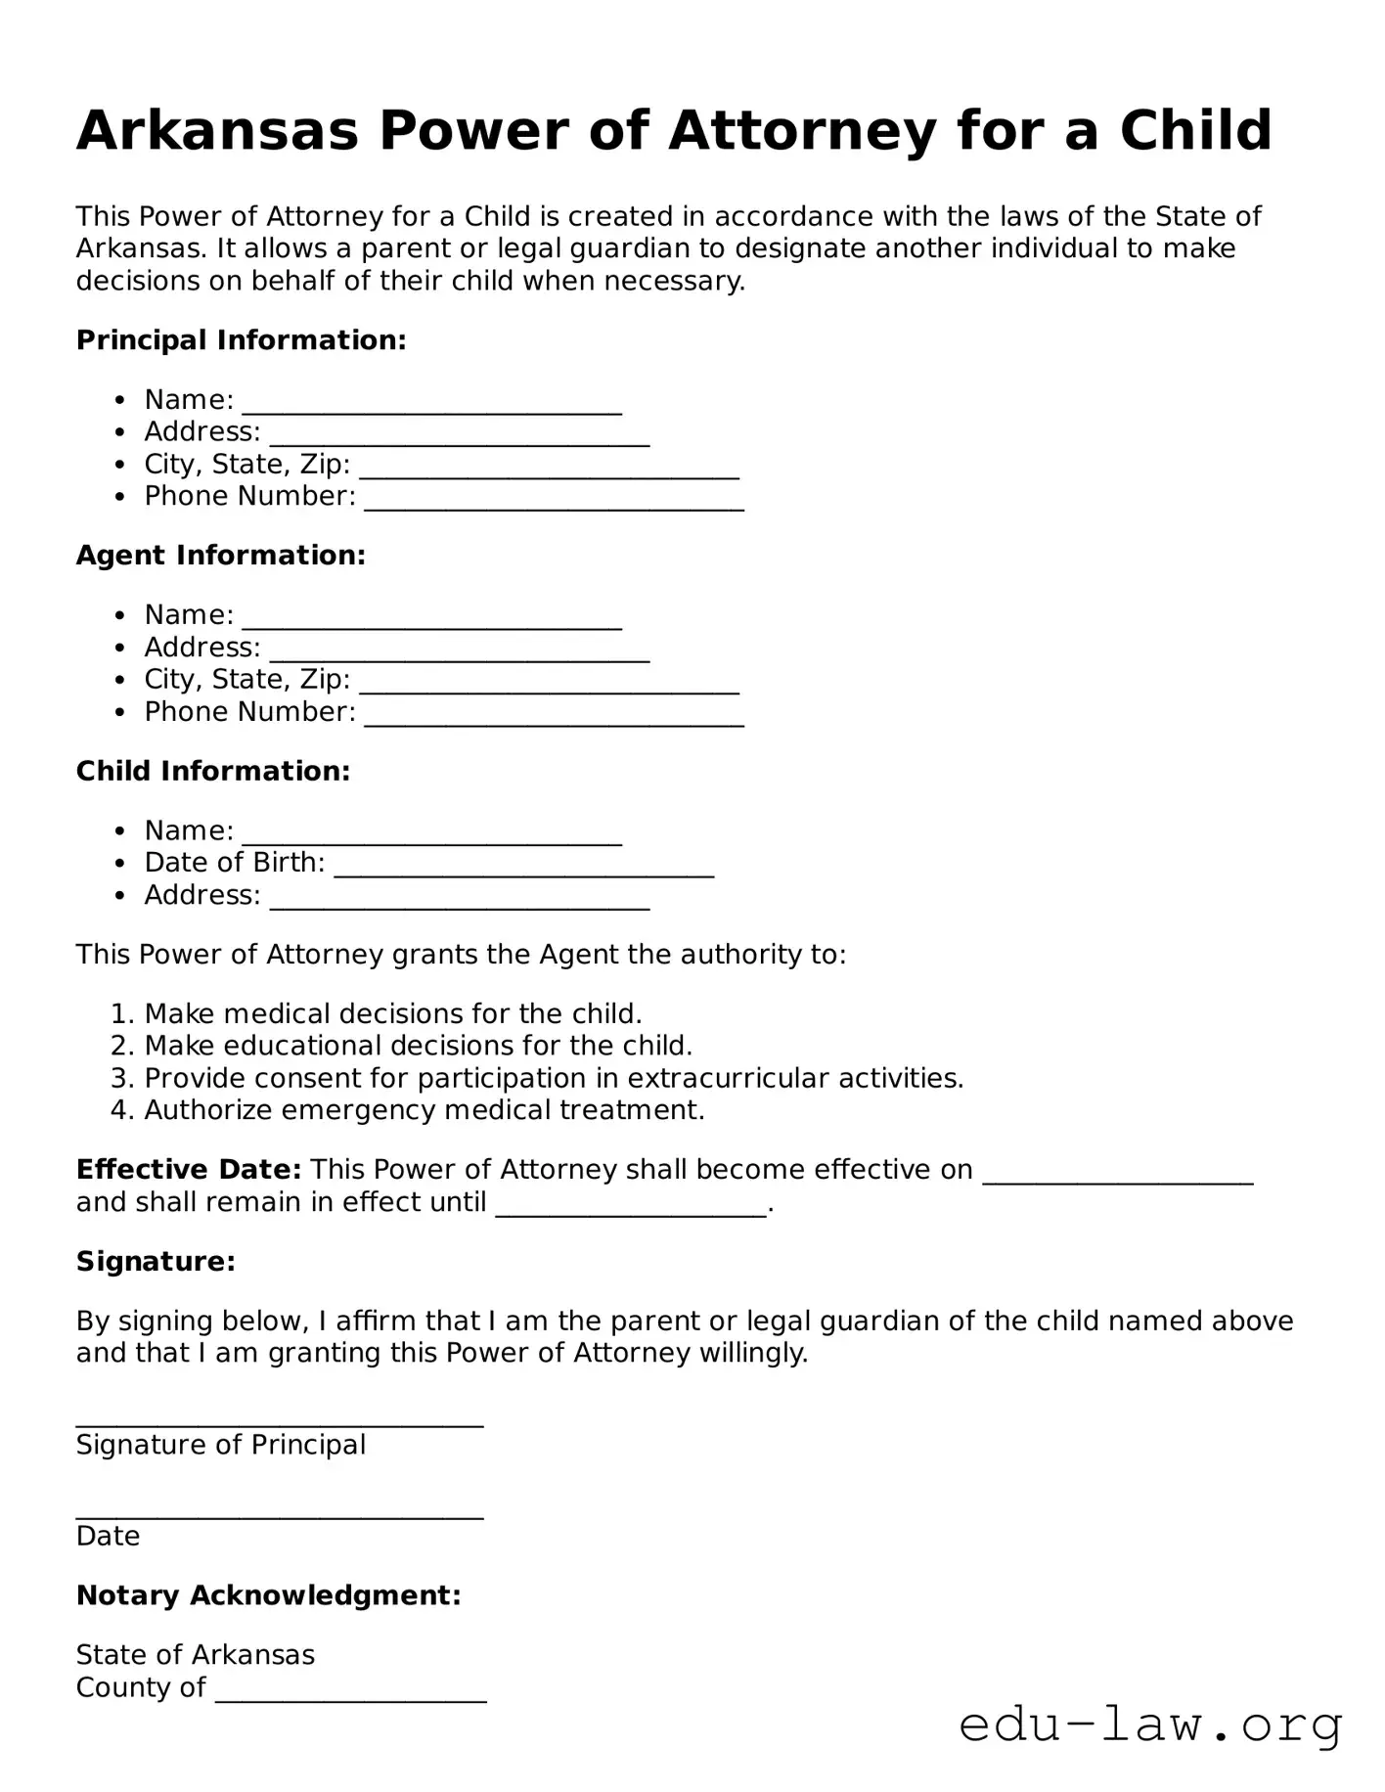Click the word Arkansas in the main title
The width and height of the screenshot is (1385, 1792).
pyautogui.click(x=217, y=131)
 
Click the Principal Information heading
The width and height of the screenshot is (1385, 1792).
pyautogui.click(x=241, y=340)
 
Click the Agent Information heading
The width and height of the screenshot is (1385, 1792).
pyautogui.click(x=221, y=556)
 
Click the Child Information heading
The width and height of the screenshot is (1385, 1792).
pyautogui.click(x=212, y=771)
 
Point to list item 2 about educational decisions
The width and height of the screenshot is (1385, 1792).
pyautogui.click(x=418, y=1046)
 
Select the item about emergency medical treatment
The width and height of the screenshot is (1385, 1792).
pyautogui.click(x=424, y=1110)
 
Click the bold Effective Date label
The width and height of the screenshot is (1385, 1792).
pyautogui.click(x=189, y=1170)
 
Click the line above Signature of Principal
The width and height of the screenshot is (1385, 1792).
pyautogui.click(x=280, y=1423)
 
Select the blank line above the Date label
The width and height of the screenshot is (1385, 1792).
pyautogui.click(x=280, y=1514)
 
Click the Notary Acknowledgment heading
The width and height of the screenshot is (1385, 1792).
pyautogui.click(x=268, y=1595)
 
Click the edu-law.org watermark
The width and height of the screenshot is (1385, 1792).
pyautogui.click(x=1150, y=1725)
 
